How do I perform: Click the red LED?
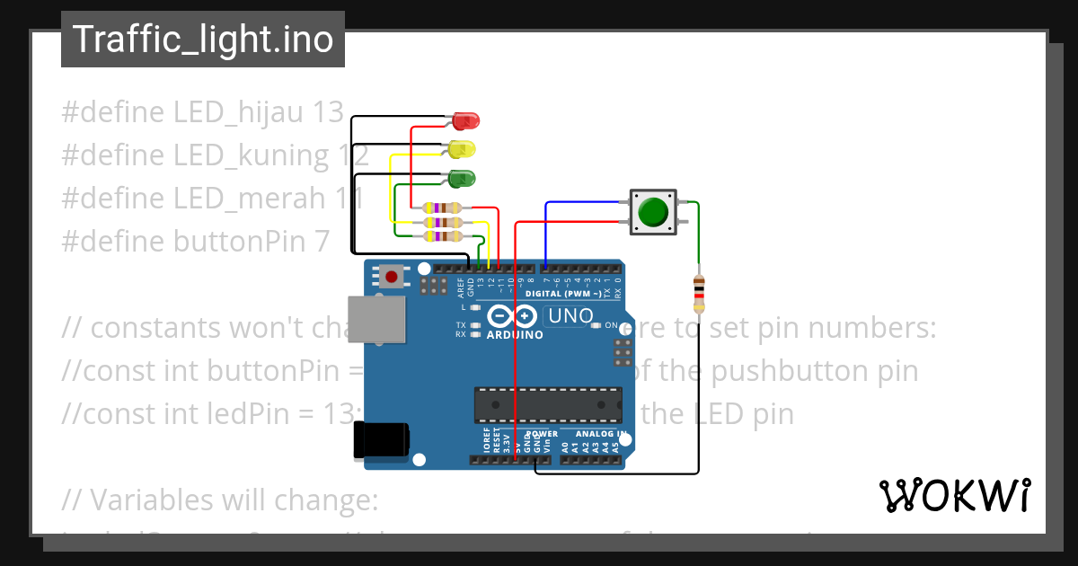[x=466, y=119]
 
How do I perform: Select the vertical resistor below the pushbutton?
[x=699, y=292]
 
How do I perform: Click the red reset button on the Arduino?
[x=392, y=276]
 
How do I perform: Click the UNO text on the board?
[x=570, y=316]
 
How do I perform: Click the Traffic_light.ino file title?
[x=203, y=40]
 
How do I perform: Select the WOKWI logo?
[x=954, y=496]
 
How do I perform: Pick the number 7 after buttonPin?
[x=322, y=242]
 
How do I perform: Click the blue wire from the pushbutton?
[x=584, y=203]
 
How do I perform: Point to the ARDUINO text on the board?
[x=515, y=335]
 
